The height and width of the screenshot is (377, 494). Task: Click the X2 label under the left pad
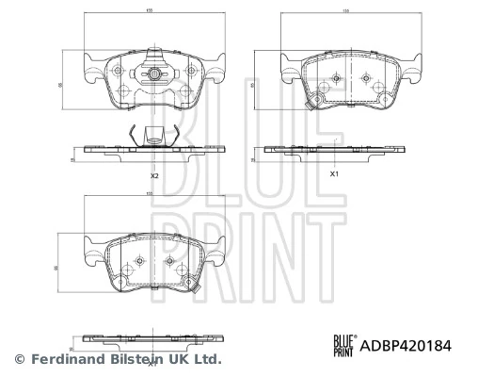[153, 176]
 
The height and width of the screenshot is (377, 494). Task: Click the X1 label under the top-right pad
[333, 174]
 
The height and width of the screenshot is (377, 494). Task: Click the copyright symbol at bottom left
[19, 359]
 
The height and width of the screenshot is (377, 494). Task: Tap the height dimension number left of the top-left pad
[60, 84]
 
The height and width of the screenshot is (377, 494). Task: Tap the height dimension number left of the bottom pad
[60, 269]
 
